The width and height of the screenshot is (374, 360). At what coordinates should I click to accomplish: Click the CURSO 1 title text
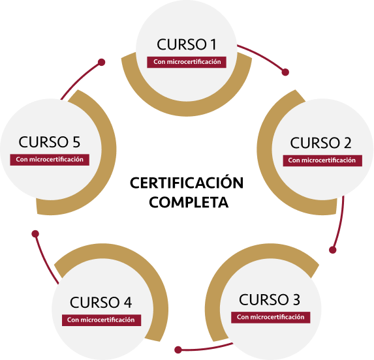[187, 44]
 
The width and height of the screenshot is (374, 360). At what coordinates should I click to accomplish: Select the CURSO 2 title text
[321, 143]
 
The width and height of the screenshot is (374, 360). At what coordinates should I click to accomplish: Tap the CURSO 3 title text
[270, 300]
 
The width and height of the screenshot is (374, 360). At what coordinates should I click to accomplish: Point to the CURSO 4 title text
[101, 303]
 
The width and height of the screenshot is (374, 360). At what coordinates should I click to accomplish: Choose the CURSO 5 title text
[50, 142]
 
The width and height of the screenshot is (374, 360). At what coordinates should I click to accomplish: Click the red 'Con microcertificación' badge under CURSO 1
[187, 62]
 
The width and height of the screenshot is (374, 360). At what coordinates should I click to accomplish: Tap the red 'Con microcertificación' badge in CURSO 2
[322, 160]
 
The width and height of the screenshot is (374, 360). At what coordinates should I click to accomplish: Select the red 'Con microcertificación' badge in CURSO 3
[270, 317]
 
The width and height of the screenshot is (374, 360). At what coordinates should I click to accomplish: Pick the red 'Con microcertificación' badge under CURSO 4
[101, 320]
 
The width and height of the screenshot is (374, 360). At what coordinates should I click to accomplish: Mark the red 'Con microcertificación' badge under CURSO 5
[50, 159]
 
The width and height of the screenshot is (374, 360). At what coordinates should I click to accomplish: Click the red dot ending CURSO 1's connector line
[284, 72]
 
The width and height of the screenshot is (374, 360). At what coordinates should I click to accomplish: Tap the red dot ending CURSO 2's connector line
[332, 250]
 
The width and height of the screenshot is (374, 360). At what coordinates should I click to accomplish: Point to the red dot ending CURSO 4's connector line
[35, 233]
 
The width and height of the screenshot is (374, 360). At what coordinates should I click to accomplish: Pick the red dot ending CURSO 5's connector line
[101, 63]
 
